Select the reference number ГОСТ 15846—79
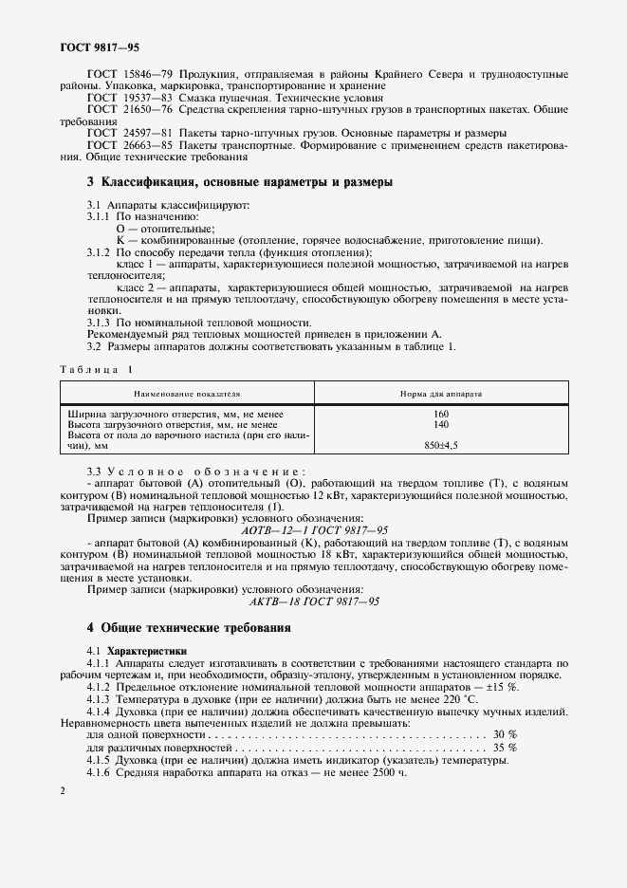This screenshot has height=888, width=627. [121, 73]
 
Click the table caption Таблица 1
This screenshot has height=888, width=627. [96, 368]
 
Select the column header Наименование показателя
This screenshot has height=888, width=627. [187, 392]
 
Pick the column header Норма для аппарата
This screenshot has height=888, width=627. [441, 392]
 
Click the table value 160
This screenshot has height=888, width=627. [441, 415]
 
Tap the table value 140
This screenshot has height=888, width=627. [441, 425]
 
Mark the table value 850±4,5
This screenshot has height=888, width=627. [441, 445]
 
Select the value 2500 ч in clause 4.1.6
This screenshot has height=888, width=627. [386, 773]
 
